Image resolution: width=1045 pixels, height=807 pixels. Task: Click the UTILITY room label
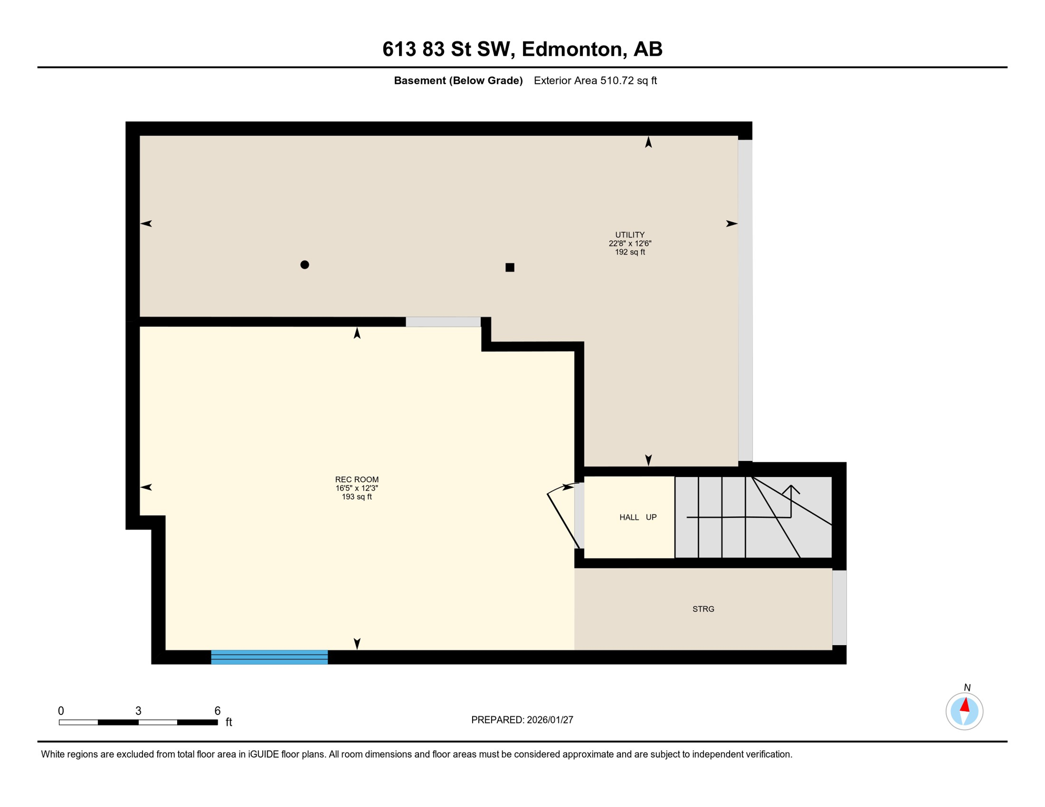click(630, 235)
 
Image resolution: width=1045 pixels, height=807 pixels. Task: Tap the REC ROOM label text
click(357, 480)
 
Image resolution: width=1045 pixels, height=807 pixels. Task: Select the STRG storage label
click(703, 609)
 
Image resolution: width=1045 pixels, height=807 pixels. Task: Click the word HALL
click(629, 518)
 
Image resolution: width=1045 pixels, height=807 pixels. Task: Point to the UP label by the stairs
click(651, 518)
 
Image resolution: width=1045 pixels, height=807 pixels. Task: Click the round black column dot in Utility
click(305, 265)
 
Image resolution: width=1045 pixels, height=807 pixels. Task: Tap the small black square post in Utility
click(510, 267)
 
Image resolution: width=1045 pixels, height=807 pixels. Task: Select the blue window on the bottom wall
click(270, 657)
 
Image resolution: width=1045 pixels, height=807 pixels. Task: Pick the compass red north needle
click(965, 705)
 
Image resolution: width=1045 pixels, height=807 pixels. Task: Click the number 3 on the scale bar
click(138, 711)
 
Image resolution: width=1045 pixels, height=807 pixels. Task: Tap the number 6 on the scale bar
click(218, 711)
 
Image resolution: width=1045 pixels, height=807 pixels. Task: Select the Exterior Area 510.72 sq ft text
click(595, 81)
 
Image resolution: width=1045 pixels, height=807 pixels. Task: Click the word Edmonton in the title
click(572, 49)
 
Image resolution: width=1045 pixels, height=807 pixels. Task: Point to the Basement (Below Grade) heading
click(458, 81)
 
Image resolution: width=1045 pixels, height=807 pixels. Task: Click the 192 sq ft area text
click(630, 252)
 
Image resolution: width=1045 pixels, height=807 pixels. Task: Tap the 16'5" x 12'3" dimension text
click(357, 489)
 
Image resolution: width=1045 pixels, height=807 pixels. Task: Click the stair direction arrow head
click(791, 489)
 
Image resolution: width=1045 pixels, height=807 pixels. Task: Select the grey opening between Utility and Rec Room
click(443, 322)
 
